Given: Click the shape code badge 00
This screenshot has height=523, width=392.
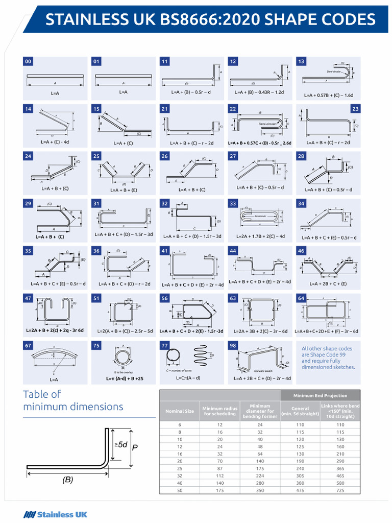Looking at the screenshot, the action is point(28,61).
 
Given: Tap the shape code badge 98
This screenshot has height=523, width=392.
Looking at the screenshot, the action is point(233,346).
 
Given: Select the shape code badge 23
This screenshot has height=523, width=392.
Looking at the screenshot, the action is point(355,109).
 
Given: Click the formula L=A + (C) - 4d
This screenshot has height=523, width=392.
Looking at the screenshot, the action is point(55,142).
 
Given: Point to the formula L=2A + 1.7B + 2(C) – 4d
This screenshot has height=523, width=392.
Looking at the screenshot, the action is point(260,236).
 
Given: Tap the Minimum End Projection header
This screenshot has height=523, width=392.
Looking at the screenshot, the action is point(320,395).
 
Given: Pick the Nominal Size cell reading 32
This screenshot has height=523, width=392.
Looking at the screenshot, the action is point(179,475).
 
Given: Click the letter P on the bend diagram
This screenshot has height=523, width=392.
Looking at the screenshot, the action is point(135,447).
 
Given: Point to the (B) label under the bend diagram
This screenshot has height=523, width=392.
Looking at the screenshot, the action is point(67,480).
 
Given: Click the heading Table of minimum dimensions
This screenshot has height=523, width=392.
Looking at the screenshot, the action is point(73,400).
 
